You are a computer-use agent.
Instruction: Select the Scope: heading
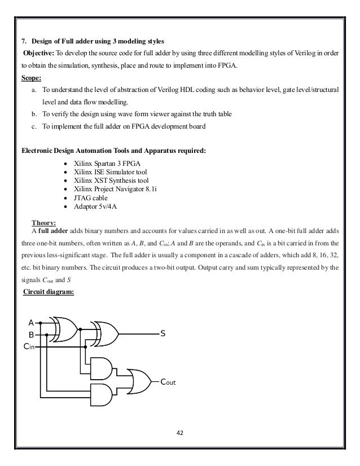tap(31, 78)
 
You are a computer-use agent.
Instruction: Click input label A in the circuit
tap(31, 323)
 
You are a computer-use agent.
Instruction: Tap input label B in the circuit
tap(31, 335)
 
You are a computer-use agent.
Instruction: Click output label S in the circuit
tap(163, 334)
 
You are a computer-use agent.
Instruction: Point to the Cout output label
tap(168, 382)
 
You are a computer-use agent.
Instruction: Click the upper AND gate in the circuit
tap(101, 368)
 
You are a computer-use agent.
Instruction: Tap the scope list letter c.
tap(34, 126)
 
